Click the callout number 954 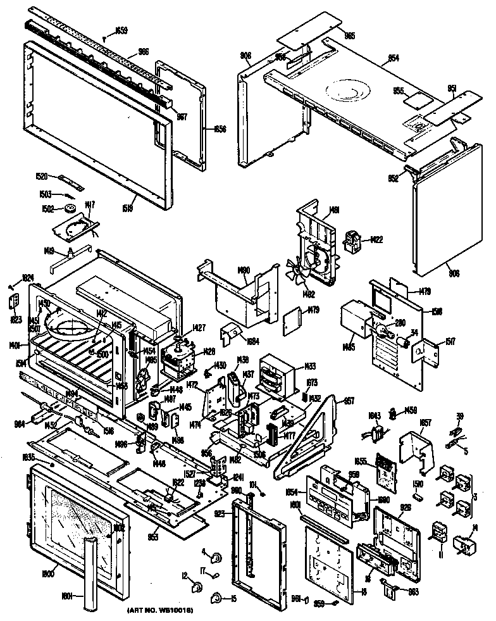coord(393,58)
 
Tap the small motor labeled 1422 coord(352,241)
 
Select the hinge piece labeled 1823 coord(15,303)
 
